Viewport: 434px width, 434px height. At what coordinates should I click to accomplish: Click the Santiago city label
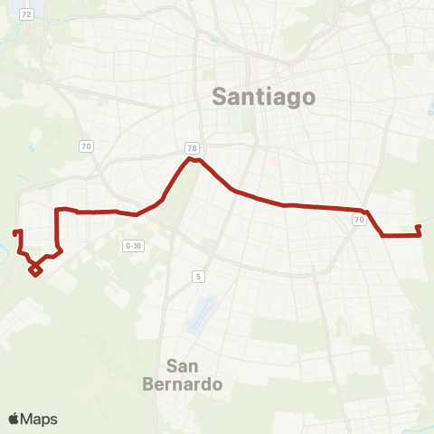263,96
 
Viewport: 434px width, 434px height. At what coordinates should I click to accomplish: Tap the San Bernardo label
194,374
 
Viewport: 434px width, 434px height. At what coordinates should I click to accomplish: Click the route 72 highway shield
28,14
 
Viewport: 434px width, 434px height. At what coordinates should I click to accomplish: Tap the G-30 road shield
134,245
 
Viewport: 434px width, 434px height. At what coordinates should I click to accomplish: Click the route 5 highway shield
197,276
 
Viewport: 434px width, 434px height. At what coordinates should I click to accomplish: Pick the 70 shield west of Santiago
86,145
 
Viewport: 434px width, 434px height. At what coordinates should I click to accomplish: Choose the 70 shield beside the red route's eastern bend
360,221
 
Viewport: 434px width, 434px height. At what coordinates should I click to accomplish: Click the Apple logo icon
14,419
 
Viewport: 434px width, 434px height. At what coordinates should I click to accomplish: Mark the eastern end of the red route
418,227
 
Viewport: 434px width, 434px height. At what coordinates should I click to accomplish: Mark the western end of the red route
15,232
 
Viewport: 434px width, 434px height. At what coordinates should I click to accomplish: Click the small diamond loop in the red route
34,269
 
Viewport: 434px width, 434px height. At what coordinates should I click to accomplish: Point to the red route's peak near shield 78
192,159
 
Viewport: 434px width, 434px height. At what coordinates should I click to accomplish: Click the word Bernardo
194,384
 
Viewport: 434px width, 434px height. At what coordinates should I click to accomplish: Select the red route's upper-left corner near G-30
58,211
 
